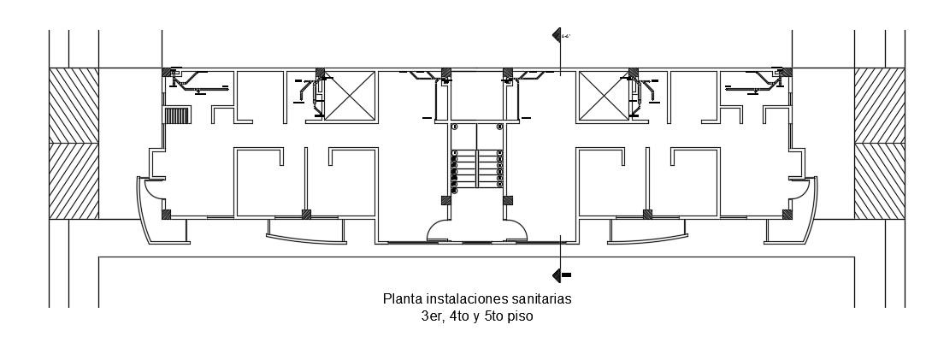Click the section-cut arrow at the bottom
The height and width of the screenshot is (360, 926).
tap(561, 275)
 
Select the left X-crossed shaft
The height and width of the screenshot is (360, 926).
tap(350, 96)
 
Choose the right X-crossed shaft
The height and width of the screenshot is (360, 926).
tap(605, 96)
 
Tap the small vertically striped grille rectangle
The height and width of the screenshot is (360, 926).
tap(176, 115)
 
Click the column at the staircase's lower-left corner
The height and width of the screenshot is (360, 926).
tap(445, 201)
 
